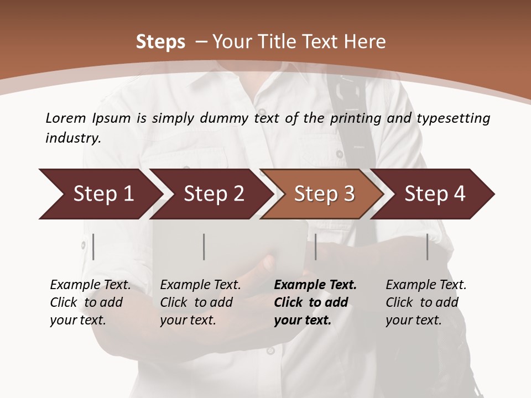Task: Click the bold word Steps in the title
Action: [x=160, y=42]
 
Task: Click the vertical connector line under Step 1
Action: [x=93, y=247]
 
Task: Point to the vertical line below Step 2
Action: [x=204, y=247]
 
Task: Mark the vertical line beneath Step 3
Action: [x=316, y=247]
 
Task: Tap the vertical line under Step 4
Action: [x=428, y=247]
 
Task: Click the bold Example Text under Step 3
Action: [x=315, y=285]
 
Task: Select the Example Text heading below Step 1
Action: [x=90, y=285]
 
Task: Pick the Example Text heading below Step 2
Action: [x=200, y=285]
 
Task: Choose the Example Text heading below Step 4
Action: [x=426, y=285]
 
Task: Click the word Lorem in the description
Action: [x=66, y=118]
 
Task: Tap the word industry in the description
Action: [x=73, y=138]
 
